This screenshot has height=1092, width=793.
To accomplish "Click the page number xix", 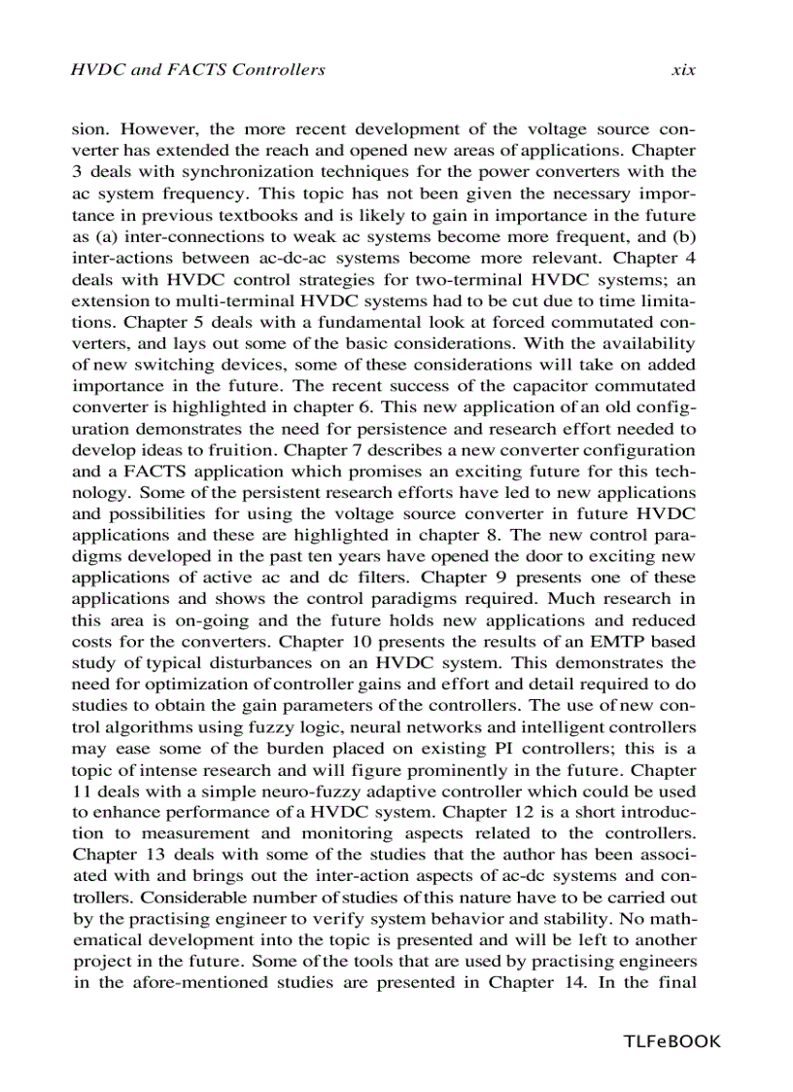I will click(683, 70).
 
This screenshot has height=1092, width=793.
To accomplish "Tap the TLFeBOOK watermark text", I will click(672, 1041).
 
